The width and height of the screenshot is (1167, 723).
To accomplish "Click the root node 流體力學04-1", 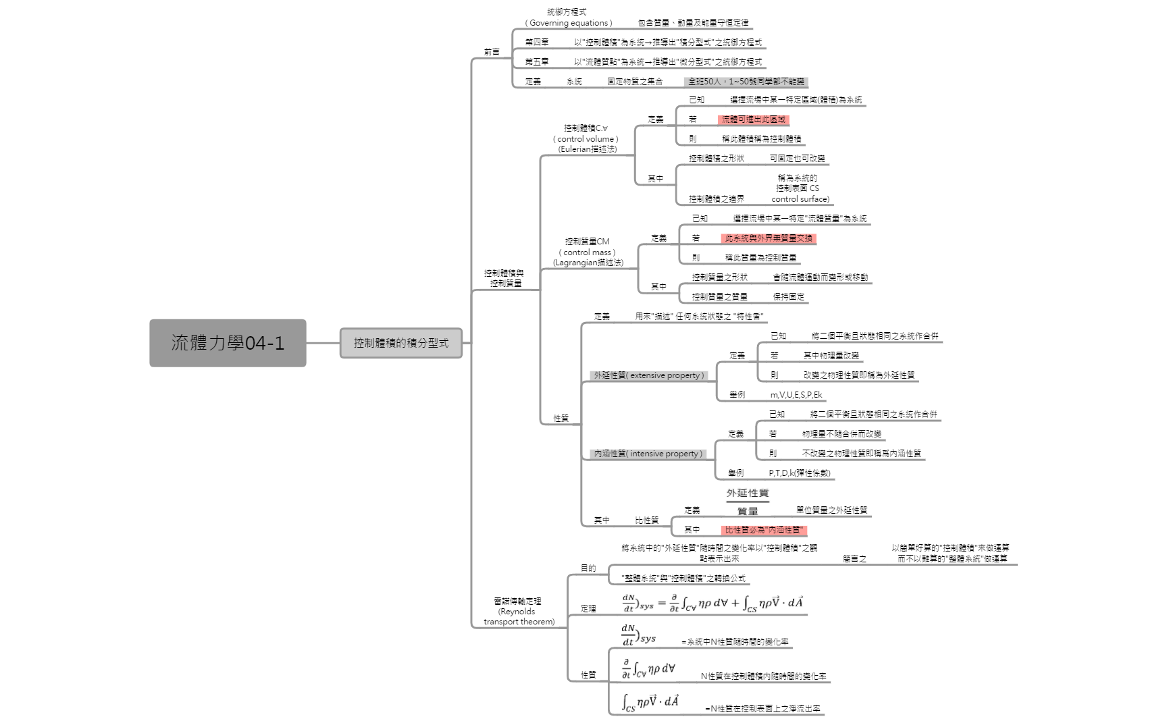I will click(x=228, y=343).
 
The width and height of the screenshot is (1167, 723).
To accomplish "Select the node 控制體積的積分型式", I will click(x=400, y=343).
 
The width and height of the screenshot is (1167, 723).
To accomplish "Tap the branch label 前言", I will click(x=492, y=52).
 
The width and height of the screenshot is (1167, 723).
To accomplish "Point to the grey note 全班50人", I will click(x=746, y=82).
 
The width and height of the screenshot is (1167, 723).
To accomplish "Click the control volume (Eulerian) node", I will click(x=586, y=138).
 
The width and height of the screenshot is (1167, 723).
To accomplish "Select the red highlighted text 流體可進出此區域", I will click(x=753, y=119).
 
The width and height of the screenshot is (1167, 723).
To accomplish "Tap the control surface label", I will click(x=800, y=188).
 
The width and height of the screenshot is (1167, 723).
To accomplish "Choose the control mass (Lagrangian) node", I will click(x=588, y=252).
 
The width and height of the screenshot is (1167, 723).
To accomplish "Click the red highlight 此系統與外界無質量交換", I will click(x=769, y=238).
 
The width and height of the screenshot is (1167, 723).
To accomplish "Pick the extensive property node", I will click(x=648, y=375).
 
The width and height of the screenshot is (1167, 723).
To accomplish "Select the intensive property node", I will click(x=648, y=454).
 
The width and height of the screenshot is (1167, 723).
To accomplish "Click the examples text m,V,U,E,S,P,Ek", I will click(x=796, y=395).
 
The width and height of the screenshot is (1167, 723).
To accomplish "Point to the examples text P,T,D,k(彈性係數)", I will click(x=799, y=473).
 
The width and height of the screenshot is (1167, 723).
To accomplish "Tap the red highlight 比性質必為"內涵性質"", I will click(x=764, y=530).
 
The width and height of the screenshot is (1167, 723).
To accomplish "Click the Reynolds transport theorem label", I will click(x=518, y=611).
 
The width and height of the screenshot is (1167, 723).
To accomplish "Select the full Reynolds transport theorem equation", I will click(x=712, y=603).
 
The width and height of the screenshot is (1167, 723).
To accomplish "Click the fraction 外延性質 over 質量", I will click(x=748, y=502).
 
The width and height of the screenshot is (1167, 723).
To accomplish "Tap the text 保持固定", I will click(x=788, y=296).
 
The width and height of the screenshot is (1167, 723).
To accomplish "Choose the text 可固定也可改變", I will click(x=797, y=159).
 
